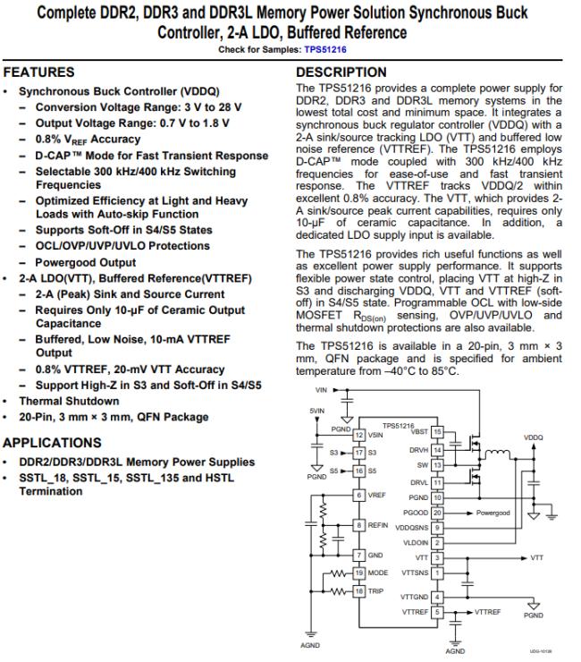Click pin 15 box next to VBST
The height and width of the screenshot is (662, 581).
point(438,431)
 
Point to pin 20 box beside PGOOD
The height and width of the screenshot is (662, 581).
point(438,513)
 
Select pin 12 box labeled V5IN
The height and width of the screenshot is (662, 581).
point(359,435)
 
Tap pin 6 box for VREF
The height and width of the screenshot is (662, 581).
point(359,495)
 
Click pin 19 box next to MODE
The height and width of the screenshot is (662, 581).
point(359,571)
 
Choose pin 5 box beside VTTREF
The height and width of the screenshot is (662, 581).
point(438,612)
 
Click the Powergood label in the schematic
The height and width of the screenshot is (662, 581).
point(493,513)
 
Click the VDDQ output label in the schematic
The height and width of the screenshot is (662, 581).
point(533,437)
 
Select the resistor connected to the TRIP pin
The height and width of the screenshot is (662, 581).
point(335,591)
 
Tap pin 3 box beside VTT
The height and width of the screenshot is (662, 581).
point(438,556)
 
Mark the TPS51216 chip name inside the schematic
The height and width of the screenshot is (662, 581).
point(398,425)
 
